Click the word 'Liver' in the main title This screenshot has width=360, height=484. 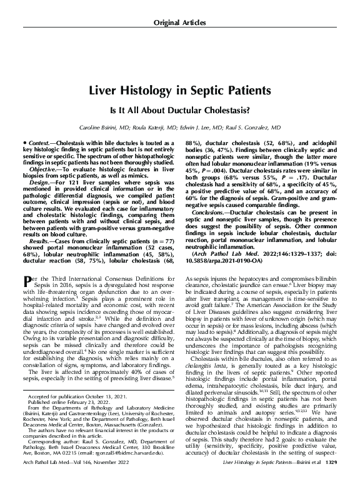click(105, 90)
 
